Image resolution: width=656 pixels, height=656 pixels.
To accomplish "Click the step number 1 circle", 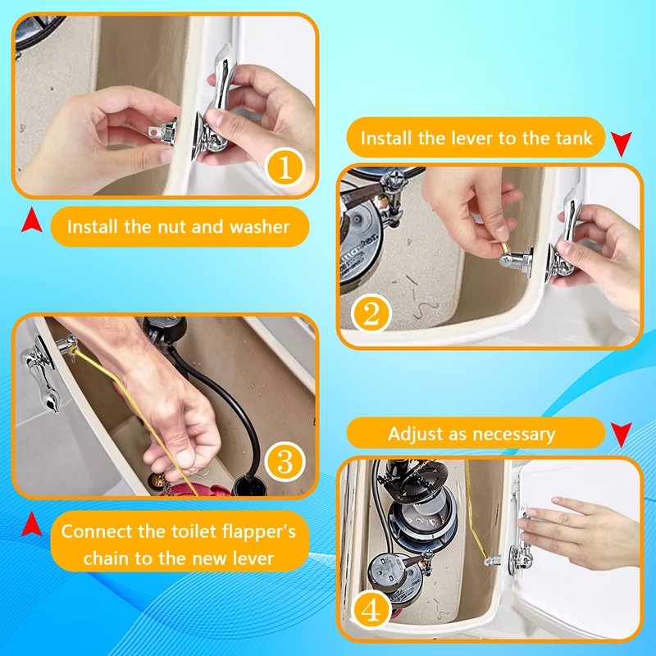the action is [285, 167].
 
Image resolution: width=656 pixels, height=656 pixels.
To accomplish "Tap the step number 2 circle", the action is [371, 314].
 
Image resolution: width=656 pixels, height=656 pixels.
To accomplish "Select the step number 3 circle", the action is [285, 462].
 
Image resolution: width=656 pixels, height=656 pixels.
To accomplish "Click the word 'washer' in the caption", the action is [259, 227].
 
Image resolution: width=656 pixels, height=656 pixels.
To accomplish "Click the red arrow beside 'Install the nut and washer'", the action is [32, 221].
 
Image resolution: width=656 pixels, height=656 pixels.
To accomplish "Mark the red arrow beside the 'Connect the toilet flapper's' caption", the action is [32, 524].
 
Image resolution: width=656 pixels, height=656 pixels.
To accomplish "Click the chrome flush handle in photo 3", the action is [42, 372].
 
